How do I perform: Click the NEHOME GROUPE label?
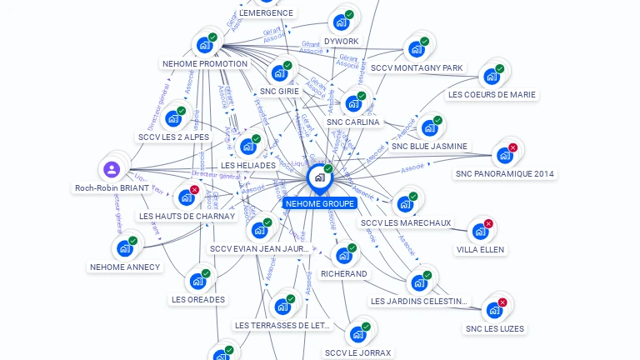click(320, 203)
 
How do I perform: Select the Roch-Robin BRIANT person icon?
click(112, 170)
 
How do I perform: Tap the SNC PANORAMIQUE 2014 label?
click(505, 174)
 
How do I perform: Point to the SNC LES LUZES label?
click(495, 328)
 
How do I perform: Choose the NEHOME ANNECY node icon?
click(124, 248)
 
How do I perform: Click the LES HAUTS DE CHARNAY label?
click(187, 216)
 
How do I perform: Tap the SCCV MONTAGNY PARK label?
click(417, 67)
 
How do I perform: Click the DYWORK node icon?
click(340, 22)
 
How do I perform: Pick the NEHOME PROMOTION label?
click(205, 63)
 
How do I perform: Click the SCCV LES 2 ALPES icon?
click(172, 118)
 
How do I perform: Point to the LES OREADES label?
click(198, 299)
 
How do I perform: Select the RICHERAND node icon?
click(342, 256)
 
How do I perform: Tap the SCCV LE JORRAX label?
click(358, 352)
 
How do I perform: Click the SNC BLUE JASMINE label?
click(430, 146)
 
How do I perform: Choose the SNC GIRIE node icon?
click(278, 73)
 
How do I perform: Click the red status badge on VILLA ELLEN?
click(488, 223)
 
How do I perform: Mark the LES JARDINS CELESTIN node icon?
click(418, 282)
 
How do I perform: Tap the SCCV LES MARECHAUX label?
click(406, 222)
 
